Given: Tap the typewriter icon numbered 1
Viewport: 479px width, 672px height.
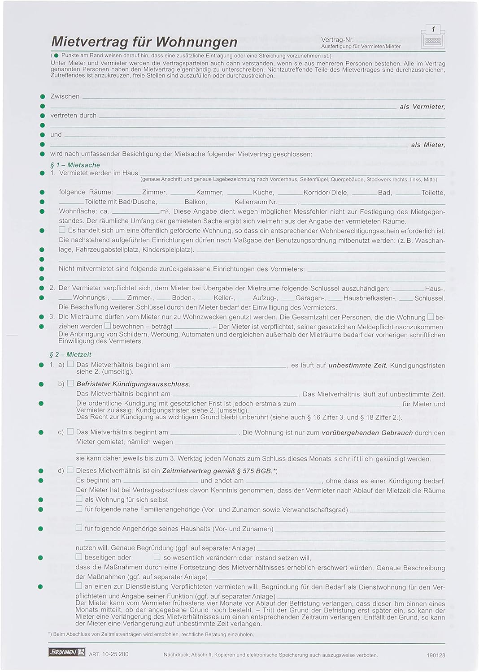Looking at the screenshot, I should [432, 37].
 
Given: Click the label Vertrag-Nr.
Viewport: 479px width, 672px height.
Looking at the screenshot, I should [337, 40].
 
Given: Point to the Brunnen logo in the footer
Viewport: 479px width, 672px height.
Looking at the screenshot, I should [66, 653].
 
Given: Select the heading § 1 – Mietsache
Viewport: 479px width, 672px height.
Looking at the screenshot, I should [75, 165].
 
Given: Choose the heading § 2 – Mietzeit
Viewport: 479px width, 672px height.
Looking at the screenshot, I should [70, 354].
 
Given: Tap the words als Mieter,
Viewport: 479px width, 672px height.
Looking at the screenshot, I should [428, 145].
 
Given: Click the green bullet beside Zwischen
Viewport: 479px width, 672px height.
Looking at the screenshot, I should [43, 97].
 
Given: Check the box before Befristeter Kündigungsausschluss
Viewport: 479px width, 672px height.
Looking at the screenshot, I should [70, 383].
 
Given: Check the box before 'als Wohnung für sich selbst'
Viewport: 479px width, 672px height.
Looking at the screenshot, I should [79, 499].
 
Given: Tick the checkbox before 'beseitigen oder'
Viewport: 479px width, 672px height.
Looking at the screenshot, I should [79, 557].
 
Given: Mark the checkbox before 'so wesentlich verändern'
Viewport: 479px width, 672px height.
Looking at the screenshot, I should [157, 557].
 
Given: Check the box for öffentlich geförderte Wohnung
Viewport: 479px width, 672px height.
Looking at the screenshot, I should [62, 230].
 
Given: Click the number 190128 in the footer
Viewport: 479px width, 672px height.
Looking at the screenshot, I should [436, 655].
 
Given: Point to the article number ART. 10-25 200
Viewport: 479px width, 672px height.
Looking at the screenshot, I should [109, 654].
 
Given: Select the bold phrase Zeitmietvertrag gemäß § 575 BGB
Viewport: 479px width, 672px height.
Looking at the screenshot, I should [217, 471].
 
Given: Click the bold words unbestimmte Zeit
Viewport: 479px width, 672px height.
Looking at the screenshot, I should [358, 365].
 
